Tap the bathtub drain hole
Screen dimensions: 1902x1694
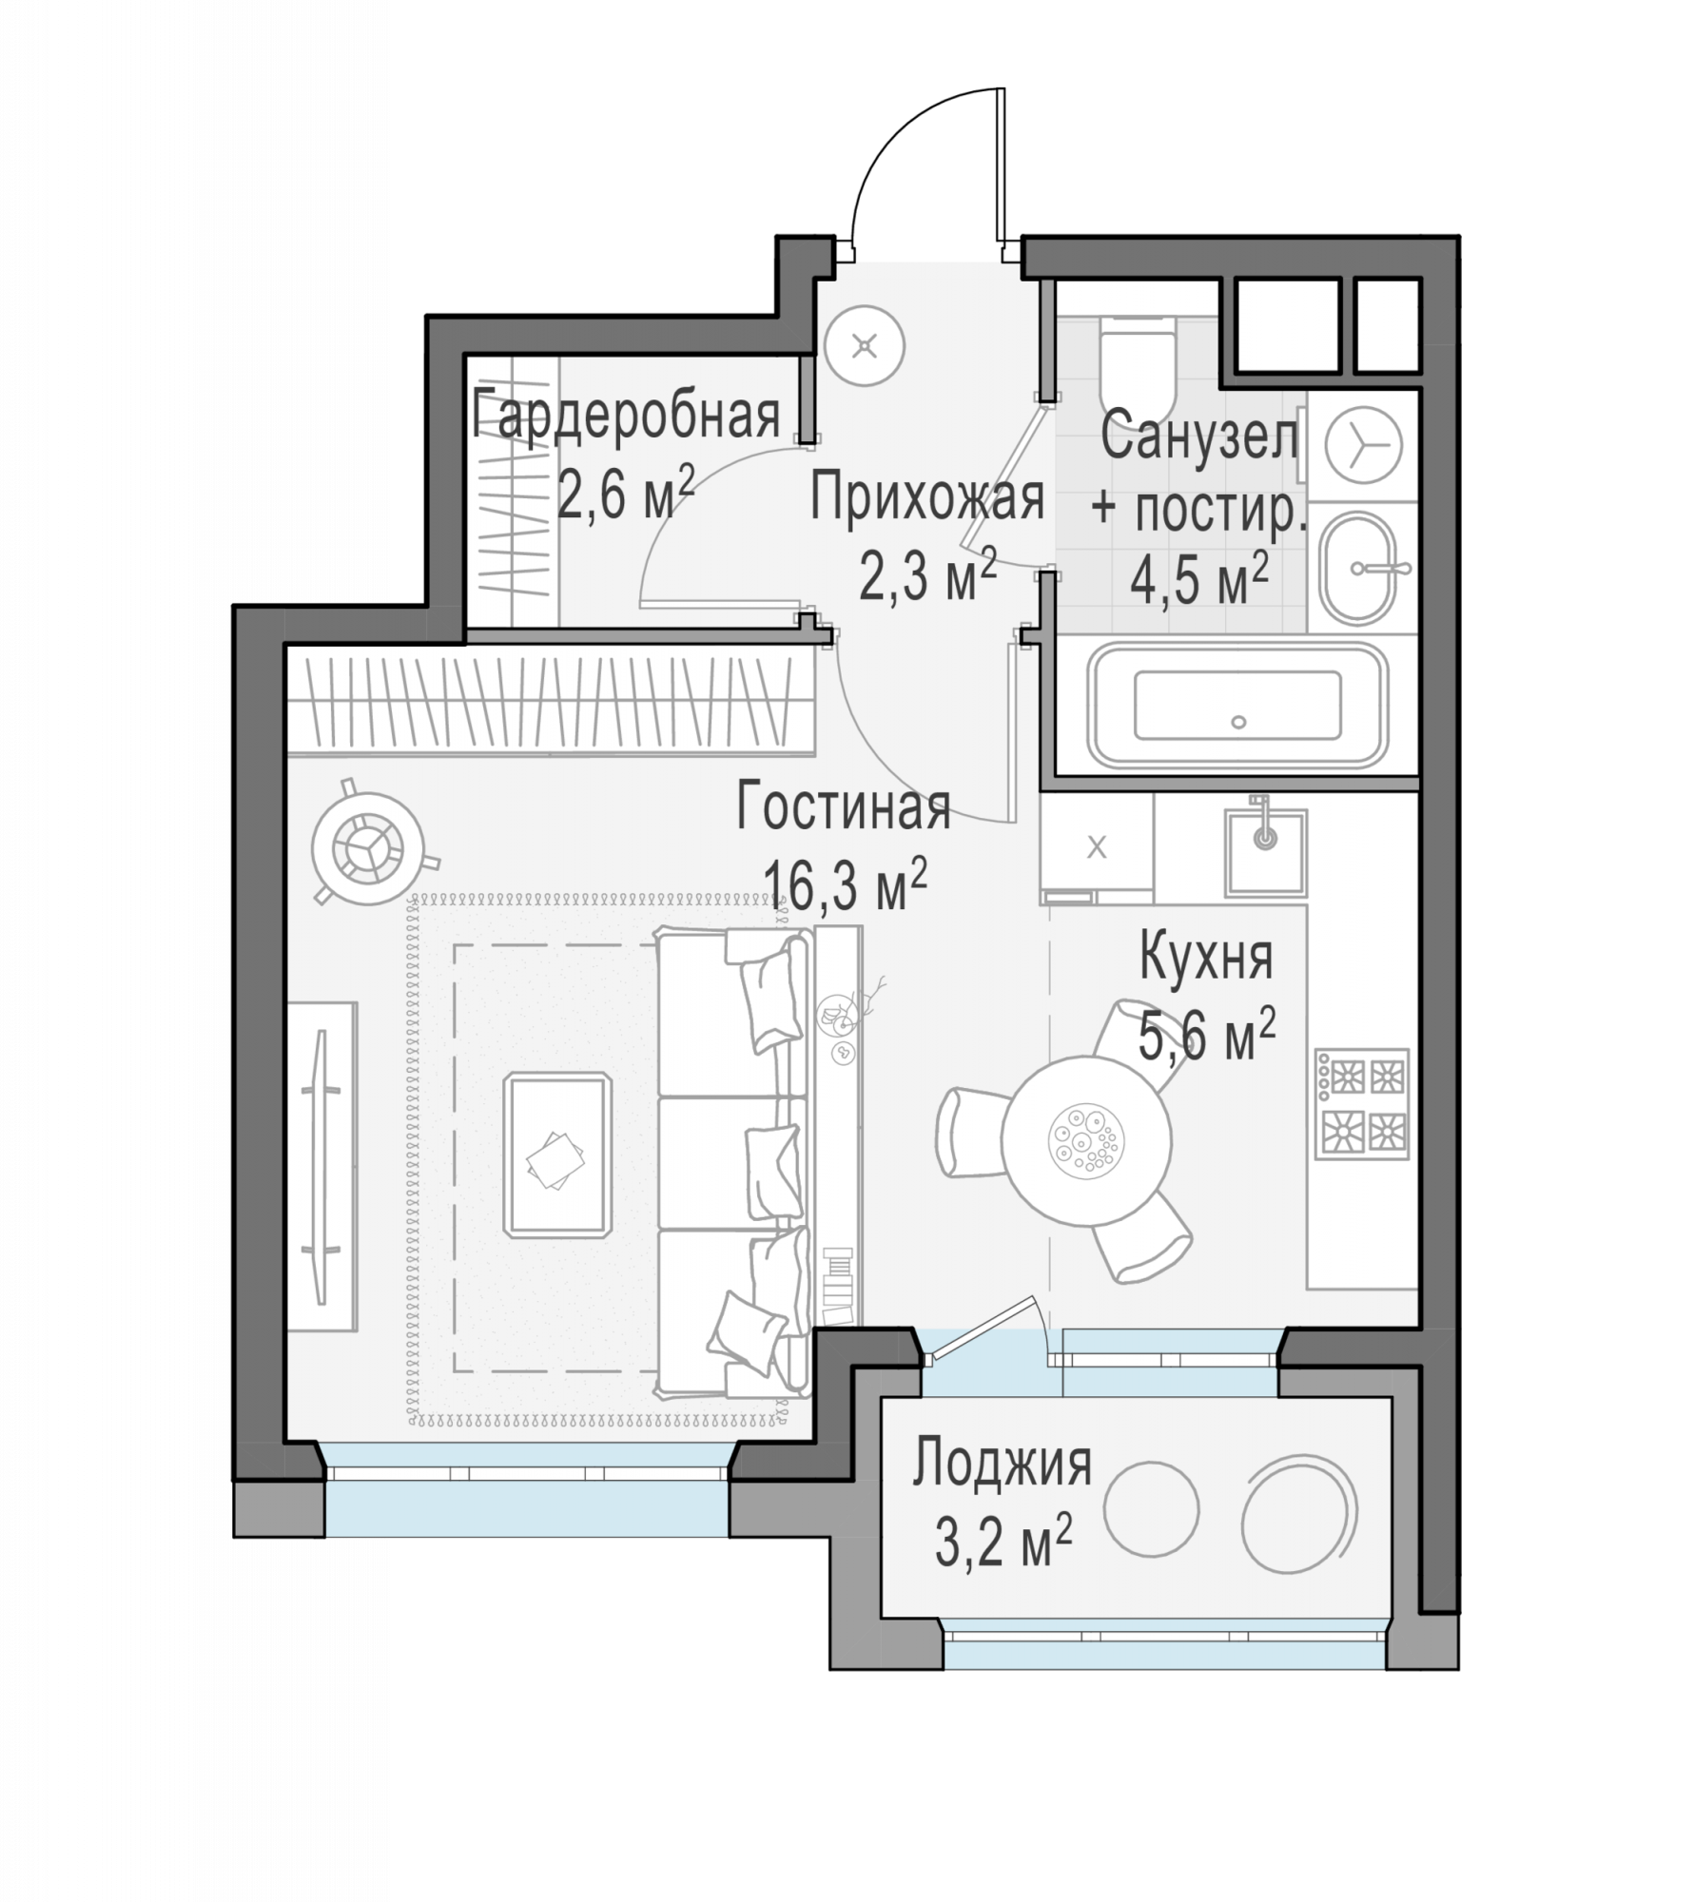(x=1238, y=722)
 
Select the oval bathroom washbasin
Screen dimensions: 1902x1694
(x=1357, y=568)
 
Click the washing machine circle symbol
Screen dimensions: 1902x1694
(x=1364, y=444)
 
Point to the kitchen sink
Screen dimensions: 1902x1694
(x=1265, y=851)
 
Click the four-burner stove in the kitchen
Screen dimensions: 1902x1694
(x=1362, y=1104)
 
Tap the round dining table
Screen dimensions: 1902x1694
(x=1085, y=1140)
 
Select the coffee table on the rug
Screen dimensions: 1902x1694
(x=557, y=1155)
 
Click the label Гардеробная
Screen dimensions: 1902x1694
(x=626, y=416)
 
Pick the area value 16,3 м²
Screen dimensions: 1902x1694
(x=845, y=885)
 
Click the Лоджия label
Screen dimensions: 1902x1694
(x=1002, y=1464)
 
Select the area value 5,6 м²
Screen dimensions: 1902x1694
(x=1206, y=1036)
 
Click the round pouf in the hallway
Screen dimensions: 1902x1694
(x=864, y=345)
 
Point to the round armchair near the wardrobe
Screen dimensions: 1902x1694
(x=367, y=848)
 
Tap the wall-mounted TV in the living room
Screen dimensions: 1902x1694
(x=321, y=1166)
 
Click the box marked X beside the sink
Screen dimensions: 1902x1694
(x=1097, y=846)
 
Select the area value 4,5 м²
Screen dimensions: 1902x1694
(x=1198, y=580)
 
